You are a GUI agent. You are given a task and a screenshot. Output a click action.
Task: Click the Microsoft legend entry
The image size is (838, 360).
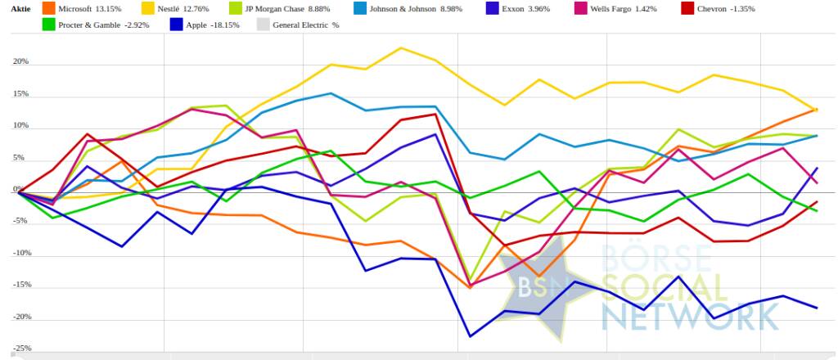[x=90, y=8]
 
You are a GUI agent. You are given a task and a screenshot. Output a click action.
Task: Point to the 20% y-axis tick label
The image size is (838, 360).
[x=20, y=62]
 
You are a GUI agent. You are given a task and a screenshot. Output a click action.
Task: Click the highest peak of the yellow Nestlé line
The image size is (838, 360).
[x=401, y=47]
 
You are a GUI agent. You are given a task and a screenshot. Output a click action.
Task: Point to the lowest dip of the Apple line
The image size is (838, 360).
[x=470, y=336]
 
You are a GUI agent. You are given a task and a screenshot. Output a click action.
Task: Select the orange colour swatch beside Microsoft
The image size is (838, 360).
[x=50, y=8]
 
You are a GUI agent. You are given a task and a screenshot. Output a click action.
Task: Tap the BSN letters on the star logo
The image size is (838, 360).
[x=536, y=287]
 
